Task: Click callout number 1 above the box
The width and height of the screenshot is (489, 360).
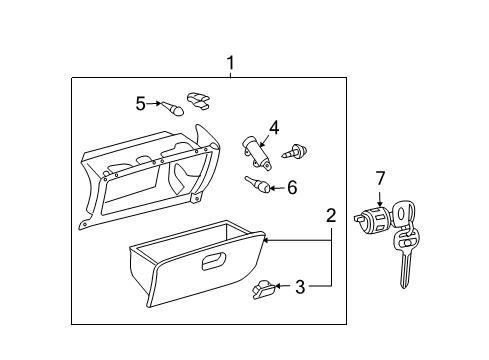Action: (230, 63)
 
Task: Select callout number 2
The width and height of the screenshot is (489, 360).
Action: (331, 216)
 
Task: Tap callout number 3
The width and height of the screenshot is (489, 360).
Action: (300, 287)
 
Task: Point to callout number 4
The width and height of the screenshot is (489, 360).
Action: (274, 128)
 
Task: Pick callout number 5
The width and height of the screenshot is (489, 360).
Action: (141, 103)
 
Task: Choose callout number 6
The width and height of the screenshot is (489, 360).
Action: (292, 188)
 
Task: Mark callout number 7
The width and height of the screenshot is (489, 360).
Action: (380, 178)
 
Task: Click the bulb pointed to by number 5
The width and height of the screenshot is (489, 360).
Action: (173, 108)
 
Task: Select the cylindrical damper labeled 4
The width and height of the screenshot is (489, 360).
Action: (257, 152)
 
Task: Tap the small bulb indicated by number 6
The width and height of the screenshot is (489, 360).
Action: (257, 184)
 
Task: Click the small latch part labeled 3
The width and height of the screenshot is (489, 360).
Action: (264, 290)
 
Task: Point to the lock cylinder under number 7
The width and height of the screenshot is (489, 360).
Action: (373, 219)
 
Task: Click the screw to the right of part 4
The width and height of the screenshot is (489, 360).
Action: (294, 151)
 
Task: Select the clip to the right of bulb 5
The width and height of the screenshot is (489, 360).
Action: (198, 100)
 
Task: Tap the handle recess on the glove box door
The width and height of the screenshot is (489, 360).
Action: (214, 261)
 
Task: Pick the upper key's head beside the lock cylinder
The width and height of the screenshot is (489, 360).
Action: (404, 213)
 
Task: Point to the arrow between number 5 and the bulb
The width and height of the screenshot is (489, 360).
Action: (154, 104)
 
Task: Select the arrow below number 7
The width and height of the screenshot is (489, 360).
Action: (380, 199)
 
